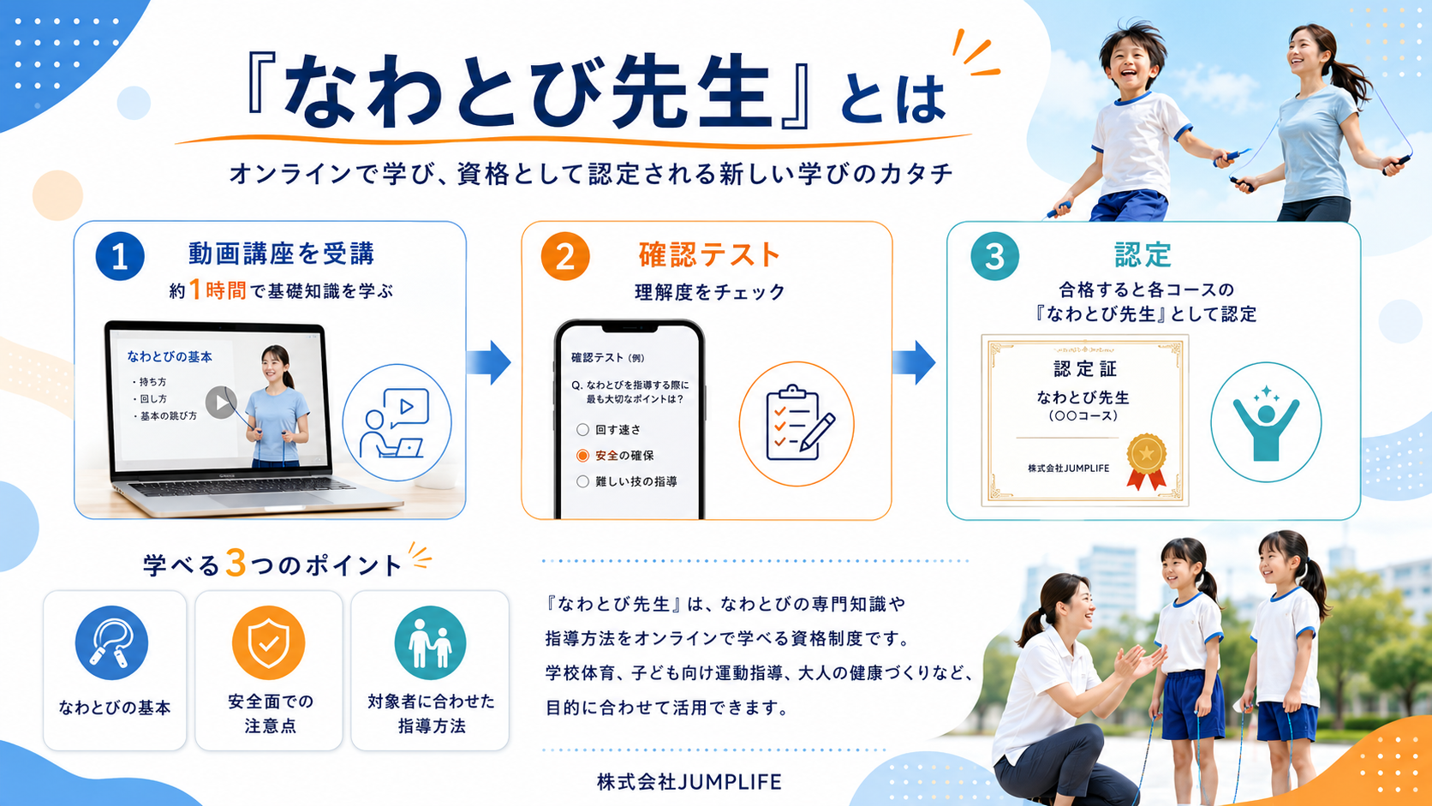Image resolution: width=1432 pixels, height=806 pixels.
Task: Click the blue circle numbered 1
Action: [x=120, y=256]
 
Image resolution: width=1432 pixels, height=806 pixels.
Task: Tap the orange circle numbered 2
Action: [x=565, y=256]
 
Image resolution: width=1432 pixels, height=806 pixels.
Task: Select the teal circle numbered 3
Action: [x=994, y=256]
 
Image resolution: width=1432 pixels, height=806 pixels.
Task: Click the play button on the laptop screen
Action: [x=221, y=403]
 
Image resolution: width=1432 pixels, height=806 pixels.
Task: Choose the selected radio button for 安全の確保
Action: [x=582, y=456]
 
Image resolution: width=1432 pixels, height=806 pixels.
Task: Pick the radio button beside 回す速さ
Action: [x=582, y=429]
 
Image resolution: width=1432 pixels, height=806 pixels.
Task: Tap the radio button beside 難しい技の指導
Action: [x=582, y=481]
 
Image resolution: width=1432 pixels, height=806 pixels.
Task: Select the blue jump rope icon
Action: [x=112, y=643]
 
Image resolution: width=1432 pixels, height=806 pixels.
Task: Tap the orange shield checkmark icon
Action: [x=269, y=643]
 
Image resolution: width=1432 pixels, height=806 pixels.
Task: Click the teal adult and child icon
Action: [x=430, y=643]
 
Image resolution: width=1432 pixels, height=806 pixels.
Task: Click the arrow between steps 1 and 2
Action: [x=489, y=362]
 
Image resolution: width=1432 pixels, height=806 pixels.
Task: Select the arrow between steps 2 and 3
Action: [x=914, y=362]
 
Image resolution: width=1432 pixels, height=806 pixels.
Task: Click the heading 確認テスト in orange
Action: [x=710, y=255]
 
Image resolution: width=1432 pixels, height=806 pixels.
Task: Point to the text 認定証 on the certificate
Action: [x=1085, y=369]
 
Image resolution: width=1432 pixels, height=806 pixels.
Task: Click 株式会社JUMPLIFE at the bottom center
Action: [x=689, y=782]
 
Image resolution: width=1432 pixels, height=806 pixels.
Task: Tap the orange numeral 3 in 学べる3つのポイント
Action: [x=236, y=563]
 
